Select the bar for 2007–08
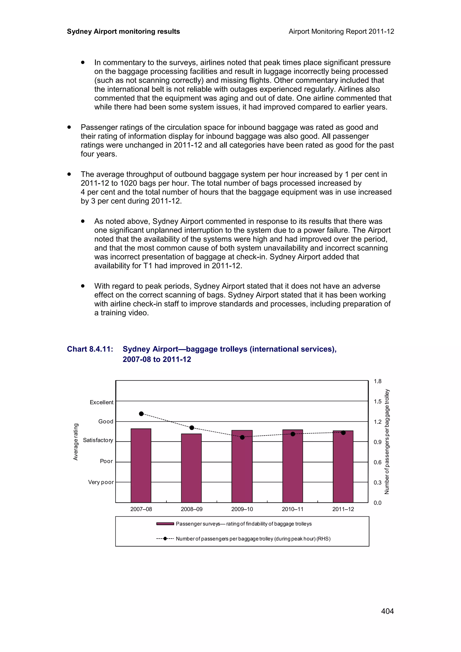[x=141, y=466]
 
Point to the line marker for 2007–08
[x=141, y=414]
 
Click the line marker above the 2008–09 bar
[x=192, y=428]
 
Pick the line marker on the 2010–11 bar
[x=293, y=434]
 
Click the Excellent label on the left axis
[x=101, y=402]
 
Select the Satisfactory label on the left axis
[x=98, y=440]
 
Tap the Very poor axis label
[x=101, y=482]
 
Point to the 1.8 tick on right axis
[x=377, y=381]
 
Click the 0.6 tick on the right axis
[x=377, y=462]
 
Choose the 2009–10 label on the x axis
[x=242, y=509]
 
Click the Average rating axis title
[x=76, y=442]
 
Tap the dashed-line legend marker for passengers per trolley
[x=165, y=539]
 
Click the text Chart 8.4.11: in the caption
[x=90, y=349]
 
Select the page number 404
[x=387, y=611]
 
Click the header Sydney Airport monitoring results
[x=123, y=31]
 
